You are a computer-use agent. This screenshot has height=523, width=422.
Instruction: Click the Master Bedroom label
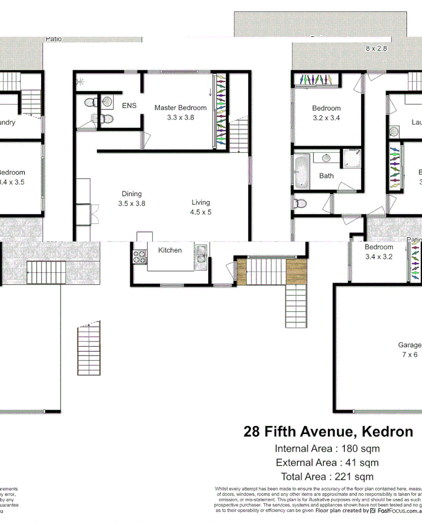tap(180, 108)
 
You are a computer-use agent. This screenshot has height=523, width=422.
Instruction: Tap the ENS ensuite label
tap(129, 105)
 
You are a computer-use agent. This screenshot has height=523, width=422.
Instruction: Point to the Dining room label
tap(131, 194)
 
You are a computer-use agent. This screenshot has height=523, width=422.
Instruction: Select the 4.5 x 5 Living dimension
tap(200, 212)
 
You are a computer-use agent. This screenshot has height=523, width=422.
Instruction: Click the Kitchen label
tap(170, 250)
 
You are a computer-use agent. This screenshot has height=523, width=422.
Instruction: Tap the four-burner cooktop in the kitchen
tap(140, 257)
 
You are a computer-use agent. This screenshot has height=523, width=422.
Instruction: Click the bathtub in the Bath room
tap(301, 172)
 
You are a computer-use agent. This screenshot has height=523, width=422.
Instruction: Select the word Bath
tap(326, 176)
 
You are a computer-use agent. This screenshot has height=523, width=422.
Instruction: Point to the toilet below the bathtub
tap(300, 204)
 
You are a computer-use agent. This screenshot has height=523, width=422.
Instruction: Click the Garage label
tap(410, 345)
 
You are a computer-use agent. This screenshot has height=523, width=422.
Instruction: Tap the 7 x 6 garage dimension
tap(410, 354)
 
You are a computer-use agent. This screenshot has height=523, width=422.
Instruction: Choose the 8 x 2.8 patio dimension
tap(377, 49)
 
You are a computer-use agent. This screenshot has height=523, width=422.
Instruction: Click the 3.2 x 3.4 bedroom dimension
tap(326, 117)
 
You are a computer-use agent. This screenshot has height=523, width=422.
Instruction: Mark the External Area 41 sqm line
tap(327, 462)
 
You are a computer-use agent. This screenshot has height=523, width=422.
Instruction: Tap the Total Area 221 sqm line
tap(327, 477)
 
